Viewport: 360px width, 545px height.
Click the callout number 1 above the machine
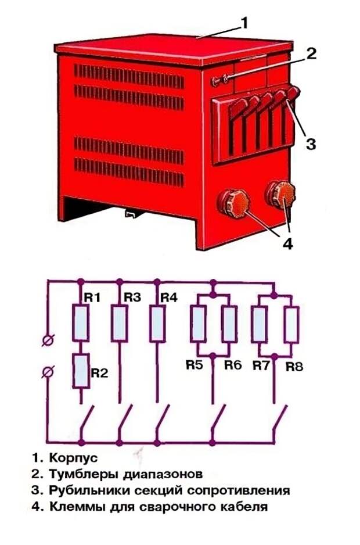[244, 23]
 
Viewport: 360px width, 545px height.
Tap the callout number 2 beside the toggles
[311, 53]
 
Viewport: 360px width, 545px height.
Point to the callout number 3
[311, 144]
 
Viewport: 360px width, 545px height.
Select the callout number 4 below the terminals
[288, 243]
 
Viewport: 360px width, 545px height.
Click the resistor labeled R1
[81, 323]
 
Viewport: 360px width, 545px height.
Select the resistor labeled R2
[81, 371]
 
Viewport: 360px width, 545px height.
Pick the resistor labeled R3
[119, 323]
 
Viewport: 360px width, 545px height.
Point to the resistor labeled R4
[157, 323]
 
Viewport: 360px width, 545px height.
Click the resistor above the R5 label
[199, 323]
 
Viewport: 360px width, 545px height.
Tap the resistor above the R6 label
[229, 323]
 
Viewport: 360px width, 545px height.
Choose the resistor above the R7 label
[260, 323]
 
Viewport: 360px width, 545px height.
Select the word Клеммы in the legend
[75, 507]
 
